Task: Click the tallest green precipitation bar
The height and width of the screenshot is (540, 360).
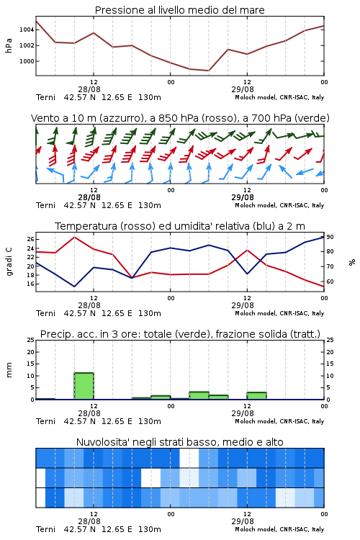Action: (x=84, y=386)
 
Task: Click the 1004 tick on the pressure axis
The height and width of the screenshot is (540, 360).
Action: (x=27, y=30)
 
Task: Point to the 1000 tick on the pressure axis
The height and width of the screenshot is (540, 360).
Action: (x=27, y=61)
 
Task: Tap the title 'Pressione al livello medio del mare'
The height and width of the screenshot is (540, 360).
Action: (x=179, y=10)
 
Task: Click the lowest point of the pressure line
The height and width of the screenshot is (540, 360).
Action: (x=208, y=71)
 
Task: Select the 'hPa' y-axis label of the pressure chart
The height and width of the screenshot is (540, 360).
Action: (x=9, y=45)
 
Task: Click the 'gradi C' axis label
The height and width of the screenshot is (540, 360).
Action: (x=9, y=261)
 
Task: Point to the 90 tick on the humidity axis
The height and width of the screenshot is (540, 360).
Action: (x=330, y=237)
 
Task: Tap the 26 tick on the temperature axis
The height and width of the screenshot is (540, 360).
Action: (x=30, y=239)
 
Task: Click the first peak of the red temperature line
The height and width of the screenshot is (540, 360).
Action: (x=74, y=237)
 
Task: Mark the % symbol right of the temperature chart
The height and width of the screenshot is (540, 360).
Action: (x=352, y=262)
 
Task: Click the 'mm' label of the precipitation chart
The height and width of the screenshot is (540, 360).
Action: (x=9, y=370)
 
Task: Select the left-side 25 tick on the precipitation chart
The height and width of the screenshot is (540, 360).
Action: (x=30, y=340)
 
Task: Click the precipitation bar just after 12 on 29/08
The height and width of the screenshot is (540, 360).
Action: (x=256, y=396)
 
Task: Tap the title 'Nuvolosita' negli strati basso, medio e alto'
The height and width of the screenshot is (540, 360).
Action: (x=179, y=442)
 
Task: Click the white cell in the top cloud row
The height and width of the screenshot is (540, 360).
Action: (x=189, y=458)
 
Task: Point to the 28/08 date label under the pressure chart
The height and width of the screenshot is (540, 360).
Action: (x=89, y=89)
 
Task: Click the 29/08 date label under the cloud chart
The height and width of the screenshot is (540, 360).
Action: (x=243, y=521)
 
